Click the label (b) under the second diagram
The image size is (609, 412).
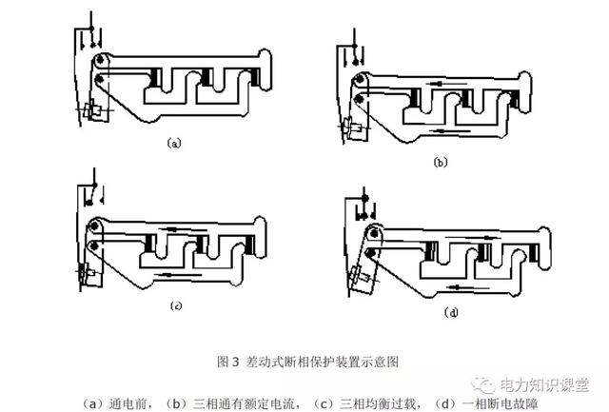[440, 163]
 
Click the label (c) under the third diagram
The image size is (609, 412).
[176, 305]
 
